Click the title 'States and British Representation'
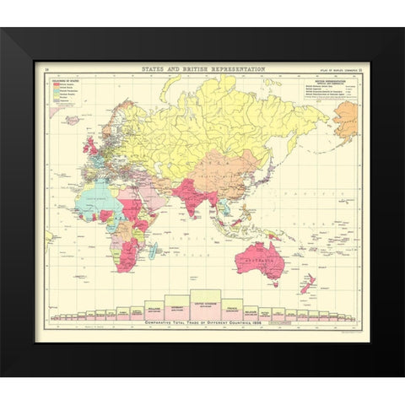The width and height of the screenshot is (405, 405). (202, 69)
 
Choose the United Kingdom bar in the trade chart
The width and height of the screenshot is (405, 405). (205, 304)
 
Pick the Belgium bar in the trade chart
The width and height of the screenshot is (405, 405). (251, 311)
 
